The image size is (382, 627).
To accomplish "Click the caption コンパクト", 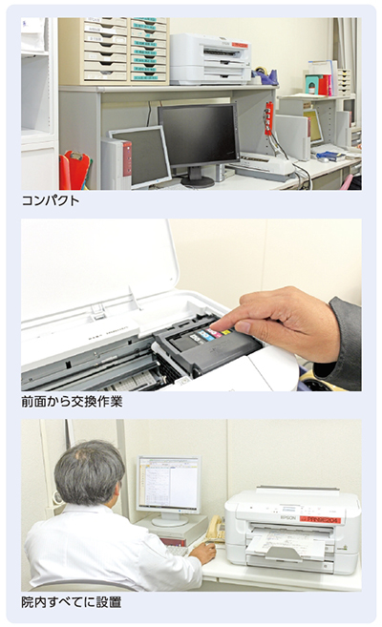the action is point(51,200).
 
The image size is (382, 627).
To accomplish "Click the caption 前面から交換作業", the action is point(72,401).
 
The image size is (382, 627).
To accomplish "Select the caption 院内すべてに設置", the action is point(72,602).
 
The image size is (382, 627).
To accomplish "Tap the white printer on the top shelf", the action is point(210,59).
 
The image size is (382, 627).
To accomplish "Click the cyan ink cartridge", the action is point(205,335).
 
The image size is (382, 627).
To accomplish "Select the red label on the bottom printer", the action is point(320,520).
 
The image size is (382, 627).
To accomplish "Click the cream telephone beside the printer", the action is point(215,530).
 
